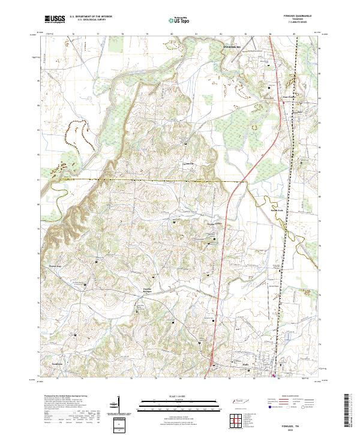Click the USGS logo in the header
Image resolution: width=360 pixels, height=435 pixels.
pyautogui.click(x=55, y=19)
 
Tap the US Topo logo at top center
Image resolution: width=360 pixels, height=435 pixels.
pyautogui.click(x=179, y=20)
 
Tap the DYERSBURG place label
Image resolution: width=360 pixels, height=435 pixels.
pyautogui.click(x=231, y=46)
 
